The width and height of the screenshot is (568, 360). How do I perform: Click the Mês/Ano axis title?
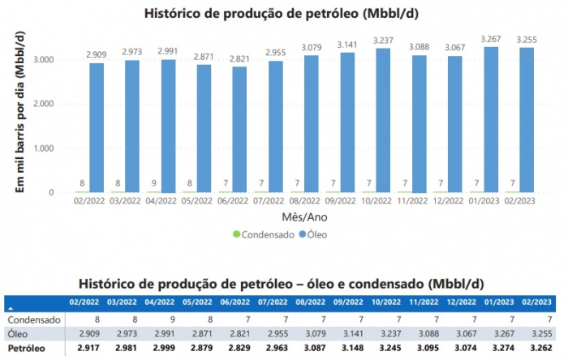point(298,217)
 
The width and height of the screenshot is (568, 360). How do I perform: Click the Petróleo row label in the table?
point(24,348)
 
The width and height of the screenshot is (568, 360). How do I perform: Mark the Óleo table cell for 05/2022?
point(198,332)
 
